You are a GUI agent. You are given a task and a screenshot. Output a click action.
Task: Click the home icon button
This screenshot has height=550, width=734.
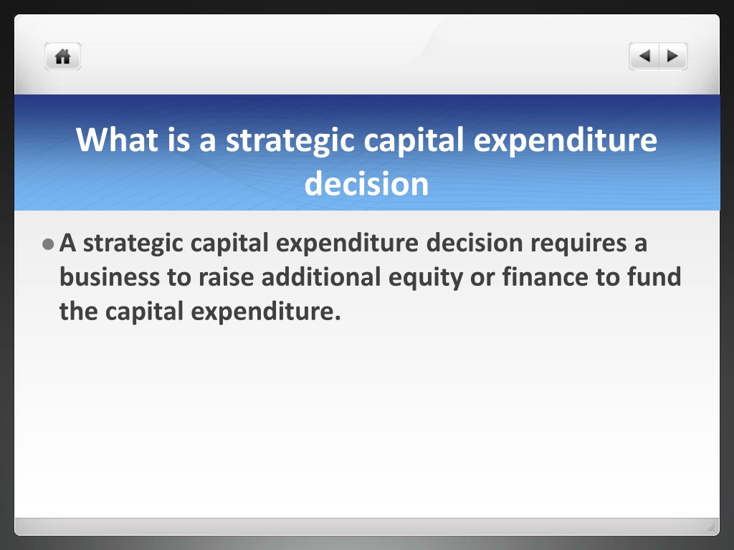(x=63, y=57)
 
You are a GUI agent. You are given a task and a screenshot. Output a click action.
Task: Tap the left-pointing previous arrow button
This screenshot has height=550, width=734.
(x=644, y=57)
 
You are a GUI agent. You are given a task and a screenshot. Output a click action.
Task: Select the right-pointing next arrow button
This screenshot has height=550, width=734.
(x=673, y=57)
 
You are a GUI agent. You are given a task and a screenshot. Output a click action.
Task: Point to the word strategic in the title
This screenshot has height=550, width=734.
(x=290, y=140)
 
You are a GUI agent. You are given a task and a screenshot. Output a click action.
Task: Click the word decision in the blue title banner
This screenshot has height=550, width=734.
(x=366, y=183)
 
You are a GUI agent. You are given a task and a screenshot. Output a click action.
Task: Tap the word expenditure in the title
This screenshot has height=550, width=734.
(x=566, y=140)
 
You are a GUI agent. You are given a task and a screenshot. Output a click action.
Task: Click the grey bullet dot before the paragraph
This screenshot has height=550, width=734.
(x=48, y=244)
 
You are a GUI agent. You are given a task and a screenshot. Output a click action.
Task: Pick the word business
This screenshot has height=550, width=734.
(x=110, y=277)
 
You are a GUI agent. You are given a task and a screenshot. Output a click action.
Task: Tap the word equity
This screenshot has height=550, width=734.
(x=426, y=278)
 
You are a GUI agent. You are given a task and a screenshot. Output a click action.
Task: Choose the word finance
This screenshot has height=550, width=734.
(x=545, y=277)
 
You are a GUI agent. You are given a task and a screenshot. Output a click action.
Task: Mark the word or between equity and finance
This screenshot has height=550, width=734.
(x=482, y=278)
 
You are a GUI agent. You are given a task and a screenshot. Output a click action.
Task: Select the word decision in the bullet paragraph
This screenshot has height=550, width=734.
(x=475, y=243)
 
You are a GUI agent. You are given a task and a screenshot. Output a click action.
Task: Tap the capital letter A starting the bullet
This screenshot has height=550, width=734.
(x=68, y=243)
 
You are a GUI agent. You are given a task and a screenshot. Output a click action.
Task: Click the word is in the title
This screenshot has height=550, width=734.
(x=178, y=140)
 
